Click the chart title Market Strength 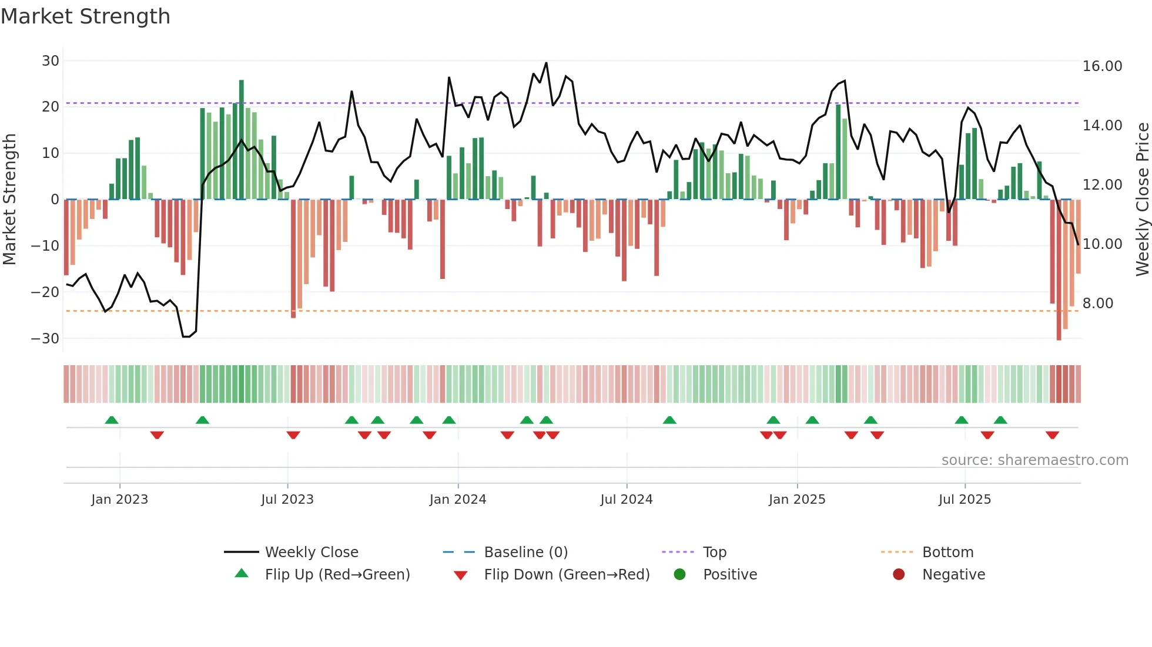click(x=85, y=16)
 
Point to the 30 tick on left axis click(x=51, y=61)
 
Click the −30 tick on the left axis click(x=45, y=339)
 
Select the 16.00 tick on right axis click(x=1102, y=66)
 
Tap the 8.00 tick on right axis click(x=1098, y=304)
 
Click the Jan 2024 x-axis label click(x=458, y=500)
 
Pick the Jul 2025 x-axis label click(x=965, y=500)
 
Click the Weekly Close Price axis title click(x=1142, y=200)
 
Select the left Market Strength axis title click(x=9, y=200)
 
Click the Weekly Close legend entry click(x=311, y=552)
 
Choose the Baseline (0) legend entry click(x=525, y=552)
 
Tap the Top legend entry click(x=714, y=552)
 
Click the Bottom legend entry click(x=947, y=552)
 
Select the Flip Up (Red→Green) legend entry click(x=337, y=575)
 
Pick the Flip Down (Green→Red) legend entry click(x=567, y=575)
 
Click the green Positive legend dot click(x=679, y=575)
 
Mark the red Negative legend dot click(x=899, y=575)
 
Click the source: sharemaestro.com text click(x=1034, y=460)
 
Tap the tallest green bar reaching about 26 click(x=242, y=141)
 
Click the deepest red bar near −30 click(x=1059, y=270)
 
